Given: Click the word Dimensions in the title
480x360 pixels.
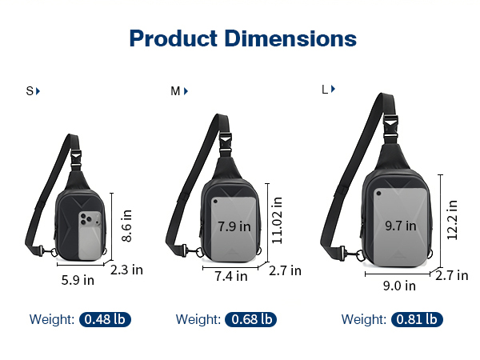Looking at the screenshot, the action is [290, 38].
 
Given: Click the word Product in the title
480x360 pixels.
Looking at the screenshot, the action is [174, 38].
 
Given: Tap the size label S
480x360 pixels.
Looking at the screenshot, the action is [30, 91].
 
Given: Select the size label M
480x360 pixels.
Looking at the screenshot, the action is [175, 91].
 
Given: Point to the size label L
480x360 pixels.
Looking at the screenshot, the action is [325, 90].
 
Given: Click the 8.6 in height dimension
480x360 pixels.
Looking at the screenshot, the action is [126, 226].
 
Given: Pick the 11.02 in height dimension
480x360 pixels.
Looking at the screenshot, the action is [277, 220].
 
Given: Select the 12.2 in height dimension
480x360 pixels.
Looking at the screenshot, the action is [452, 219].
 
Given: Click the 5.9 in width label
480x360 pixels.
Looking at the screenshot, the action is [78, 280].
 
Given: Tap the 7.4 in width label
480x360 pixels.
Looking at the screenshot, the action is [231, 276].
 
